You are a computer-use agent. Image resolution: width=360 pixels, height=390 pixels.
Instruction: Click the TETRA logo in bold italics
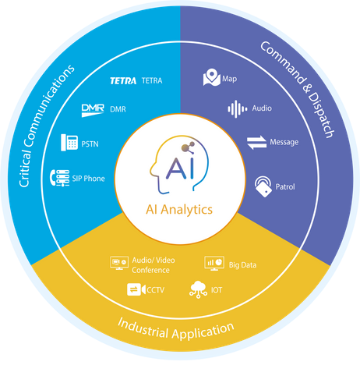pyautogui.click(x=123, y=81)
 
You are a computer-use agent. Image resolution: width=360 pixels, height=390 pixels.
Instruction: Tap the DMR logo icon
pyautogui.click(x=93, y=110)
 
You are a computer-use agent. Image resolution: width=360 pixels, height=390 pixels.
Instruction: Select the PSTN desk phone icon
pyautogui.click(x=69, y=143)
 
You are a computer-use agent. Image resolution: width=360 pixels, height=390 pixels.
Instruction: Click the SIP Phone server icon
pyautogui.click(x=60, y=178)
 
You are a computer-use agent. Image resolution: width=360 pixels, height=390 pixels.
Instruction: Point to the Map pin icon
pyautogui.click(x=212, y=77)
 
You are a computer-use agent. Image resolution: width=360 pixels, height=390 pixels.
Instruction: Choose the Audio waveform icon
pyautogui.click(x=238, y=109)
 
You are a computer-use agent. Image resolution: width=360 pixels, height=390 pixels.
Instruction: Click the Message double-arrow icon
pyautogui.click(x=256, y=143)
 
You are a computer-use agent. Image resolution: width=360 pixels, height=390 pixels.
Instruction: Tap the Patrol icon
pyautogui.click(x=263, y=186)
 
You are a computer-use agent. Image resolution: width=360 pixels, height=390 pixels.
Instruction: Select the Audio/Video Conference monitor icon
pyautogui.click(x=119, y=263)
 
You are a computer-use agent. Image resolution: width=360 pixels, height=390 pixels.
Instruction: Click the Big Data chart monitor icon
pyautogui.click(x=214, y=263)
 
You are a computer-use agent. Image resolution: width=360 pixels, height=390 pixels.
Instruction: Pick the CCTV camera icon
pyautogui.click(x=136, y=289)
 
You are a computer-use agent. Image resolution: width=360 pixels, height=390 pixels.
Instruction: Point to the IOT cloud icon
pyautogui.click(x=198, y=289)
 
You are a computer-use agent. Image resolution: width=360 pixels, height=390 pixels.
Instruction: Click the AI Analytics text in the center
pyautogui.click(x=179, y=210)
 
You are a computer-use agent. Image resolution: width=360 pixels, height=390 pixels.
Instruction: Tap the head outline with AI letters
pyautogui.click(x=179, y=165)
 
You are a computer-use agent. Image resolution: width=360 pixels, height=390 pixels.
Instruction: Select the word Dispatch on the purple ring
pyautogui.click(x=321, y=115)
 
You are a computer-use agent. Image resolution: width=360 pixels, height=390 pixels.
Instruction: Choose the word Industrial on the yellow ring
pyautogui.click(x=143, y=328)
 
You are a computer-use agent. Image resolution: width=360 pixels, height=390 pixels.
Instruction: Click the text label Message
pyautogui.click(x=284, y=142)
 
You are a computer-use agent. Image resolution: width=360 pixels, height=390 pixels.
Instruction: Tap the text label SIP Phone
pyautogui.click(x=89, y=179)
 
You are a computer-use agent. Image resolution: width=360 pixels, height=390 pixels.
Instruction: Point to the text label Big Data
pyautogui.click(x=242, y=265)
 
